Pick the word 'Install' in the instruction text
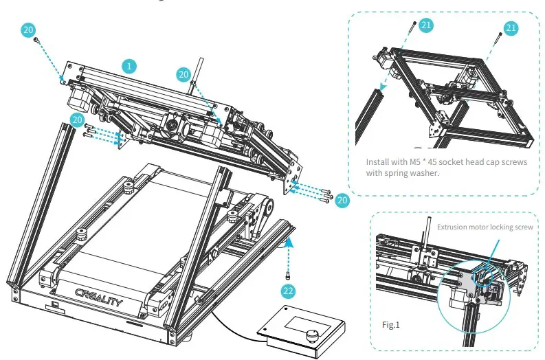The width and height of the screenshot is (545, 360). [x=377, y=162]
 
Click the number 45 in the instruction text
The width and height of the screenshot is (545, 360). [x=433, y=162]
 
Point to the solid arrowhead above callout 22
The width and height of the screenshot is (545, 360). [x=290, y=240]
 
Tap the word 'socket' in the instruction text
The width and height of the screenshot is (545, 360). [x=454, y=162]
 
